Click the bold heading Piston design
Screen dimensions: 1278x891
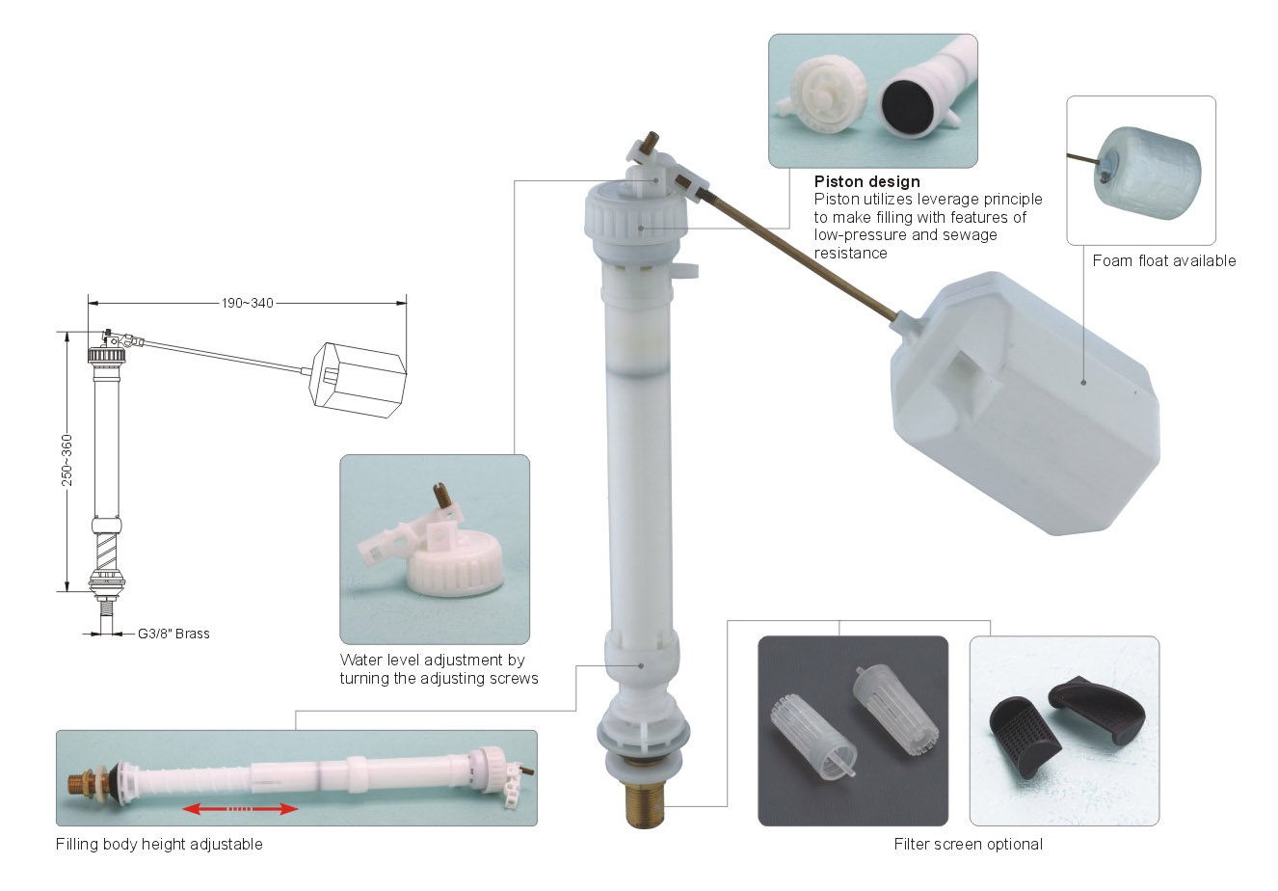coord(866,182)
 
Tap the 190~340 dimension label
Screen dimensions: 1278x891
coord(248,303)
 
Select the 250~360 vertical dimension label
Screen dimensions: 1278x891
coord(67,461)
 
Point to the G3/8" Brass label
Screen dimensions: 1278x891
coord(173,634)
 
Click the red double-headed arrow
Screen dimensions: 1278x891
coord(240,809)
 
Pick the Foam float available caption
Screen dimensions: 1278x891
coord(1164,261)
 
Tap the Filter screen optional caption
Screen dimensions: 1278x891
coord(968,844)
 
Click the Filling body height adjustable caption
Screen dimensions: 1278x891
coord(159,844)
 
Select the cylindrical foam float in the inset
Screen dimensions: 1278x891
coord(1147,173)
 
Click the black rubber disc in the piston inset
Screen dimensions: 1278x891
coord(907,105)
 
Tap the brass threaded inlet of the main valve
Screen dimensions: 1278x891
coord(645,805)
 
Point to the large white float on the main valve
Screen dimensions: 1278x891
coord(1025,404)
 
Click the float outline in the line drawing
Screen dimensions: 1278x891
coord(359,380)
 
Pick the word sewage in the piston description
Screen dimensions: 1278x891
coord(970,235)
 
